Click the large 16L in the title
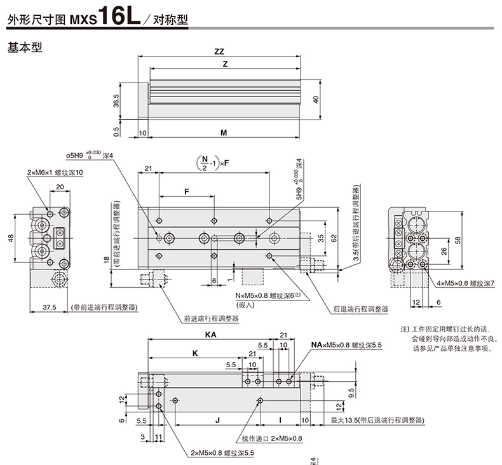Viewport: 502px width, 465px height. click(x=119, y=15)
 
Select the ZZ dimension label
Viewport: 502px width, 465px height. click(x=219, y=51)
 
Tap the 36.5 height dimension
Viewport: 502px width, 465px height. click(x=116, y=101)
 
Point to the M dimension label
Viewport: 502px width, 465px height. click(x=224, y=133)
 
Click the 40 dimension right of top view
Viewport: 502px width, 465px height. click(x=316, y=100)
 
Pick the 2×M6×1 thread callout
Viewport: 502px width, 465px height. click(x=55, y=173)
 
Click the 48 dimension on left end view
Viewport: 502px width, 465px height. click(x=11, y=238)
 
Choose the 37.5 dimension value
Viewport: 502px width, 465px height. click(x=50, y=307)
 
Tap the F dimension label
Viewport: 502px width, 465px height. click(x=187, y=191)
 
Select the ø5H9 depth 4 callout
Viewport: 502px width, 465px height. click(x=90, y=156)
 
